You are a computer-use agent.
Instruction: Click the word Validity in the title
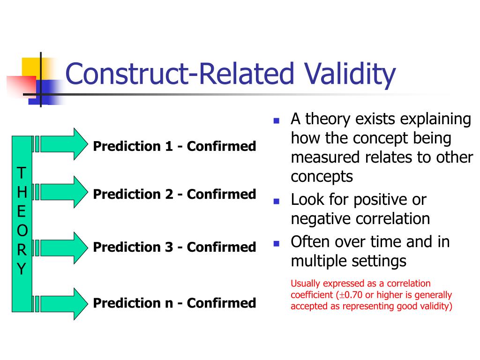point(350,74)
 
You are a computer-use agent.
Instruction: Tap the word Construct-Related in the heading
point(180,74)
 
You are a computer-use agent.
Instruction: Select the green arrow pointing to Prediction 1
point(64,144)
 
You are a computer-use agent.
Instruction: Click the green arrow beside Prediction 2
point(64,192)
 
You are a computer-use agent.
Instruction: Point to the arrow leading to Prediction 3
point(64,248)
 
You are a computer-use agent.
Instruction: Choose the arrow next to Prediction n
point(64,304)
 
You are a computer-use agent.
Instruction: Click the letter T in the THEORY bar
point(22,173)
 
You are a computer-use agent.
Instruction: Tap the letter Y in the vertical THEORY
point(22,269)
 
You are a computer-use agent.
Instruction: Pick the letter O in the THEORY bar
point(22,231)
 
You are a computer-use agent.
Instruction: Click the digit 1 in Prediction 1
point(169,146)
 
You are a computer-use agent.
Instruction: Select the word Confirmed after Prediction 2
point(221,194)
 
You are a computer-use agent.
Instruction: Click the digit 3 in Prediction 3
point(169,247)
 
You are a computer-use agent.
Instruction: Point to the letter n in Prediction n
point(169,304)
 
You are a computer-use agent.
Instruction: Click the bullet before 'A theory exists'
point(277,120)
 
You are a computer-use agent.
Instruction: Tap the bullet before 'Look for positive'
point(277,202)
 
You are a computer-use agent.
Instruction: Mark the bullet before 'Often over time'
point(277,244)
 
